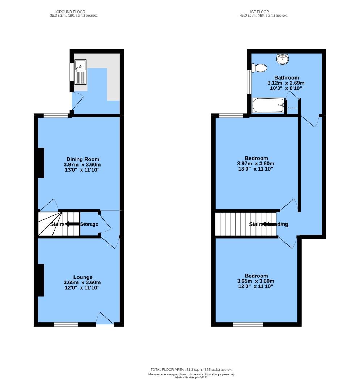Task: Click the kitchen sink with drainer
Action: pyautogui.click(x=81, y=71)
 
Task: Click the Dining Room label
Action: pyautogui.click(x=82, y=159)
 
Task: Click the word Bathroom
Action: pyautogui.click(x=287, y=77)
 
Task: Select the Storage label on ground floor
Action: pyautogui.click(x=89, y=224)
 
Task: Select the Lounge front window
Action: pyautogui.click(x=66, y=324)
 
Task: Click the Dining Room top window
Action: pyautogui.click(x=56, y=115)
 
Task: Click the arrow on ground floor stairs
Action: pyautogui.click(x=72, y=224)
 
